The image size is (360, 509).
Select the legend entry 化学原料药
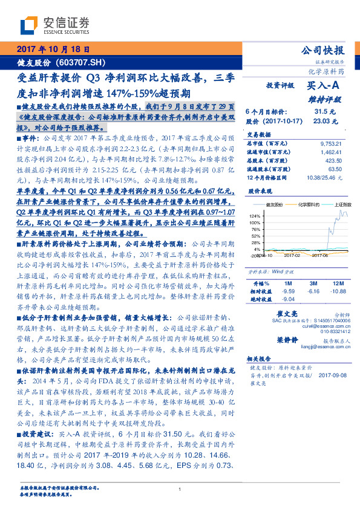[301, 205]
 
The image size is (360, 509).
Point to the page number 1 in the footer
[180, 490]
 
